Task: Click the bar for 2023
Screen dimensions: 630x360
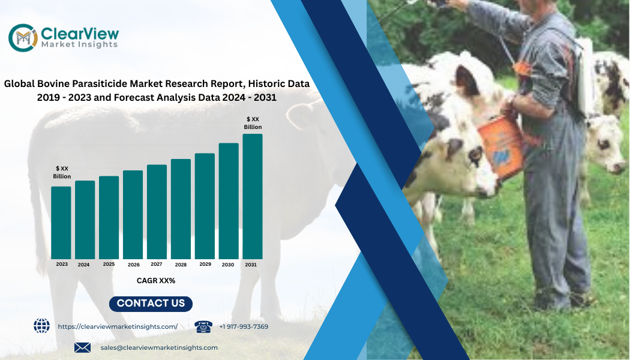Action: (61, 223)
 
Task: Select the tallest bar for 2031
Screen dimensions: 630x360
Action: (253, 196)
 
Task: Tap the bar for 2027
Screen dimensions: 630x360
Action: (157, 212)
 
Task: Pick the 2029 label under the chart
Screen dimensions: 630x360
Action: (205, 265)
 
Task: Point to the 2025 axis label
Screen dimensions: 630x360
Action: (109, 265)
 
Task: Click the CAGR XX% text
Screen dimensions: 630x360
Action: (156, 281)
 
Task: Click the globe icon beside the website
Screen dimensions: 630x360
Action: (42, 325)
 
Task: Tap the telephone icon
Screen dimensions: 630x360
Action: (203, 326)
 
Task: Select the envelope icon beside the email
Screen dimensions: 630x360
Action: (82, 347)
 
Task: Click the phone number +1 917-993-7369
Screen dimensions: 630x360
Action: (244, 326)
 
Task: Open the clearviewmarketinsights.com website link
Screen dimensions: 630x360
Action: (118, 326)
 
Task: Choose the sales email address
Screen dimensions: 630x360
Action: (159, 347)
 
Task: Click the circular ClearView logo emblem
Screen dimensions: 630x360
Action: (23, 38)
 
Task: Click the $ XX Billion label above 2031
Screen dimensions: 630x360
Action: (253, 123)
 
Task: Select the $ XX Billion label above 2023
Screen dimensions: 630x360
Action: (62, 172)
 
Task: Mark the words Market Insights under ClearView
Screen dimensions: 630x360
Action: (80, 44)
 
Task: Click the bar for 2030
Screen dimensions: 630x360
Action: (229, 201)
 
